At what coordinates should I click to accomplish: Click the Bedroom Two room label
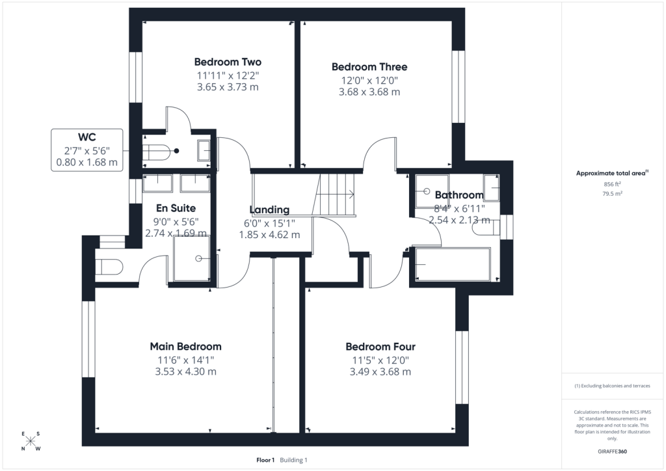228,62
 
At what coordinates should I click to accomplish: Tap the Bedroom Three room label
369,66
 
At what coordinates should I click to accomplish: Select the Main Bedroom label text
185,347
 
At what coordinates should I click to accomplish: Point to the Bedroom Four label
380,347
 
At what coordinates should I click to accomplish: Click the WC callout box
87,150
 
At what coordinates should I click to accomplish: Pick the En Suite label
176,208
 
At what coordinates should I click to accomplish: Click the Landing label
269,209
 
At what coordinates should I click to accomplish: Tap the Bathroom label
459,195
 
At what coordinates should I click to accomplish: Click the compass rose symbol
30,441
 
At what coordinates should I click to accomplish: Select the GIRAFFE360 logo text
612,451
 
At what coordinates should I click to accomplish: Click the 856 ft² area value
612,184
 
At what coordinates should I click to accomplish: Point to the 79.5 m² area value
612,194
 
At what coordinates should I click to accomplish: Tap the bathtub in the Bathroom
453,264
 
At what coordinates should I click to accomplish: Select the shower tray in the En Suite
192,259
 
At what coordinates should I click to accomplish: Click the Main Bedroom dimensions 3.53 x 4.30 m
185,371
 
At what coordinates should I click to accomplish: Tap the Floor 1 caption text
265,460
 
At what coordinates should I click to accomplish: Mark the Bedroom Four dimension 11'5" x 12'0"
380,360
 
